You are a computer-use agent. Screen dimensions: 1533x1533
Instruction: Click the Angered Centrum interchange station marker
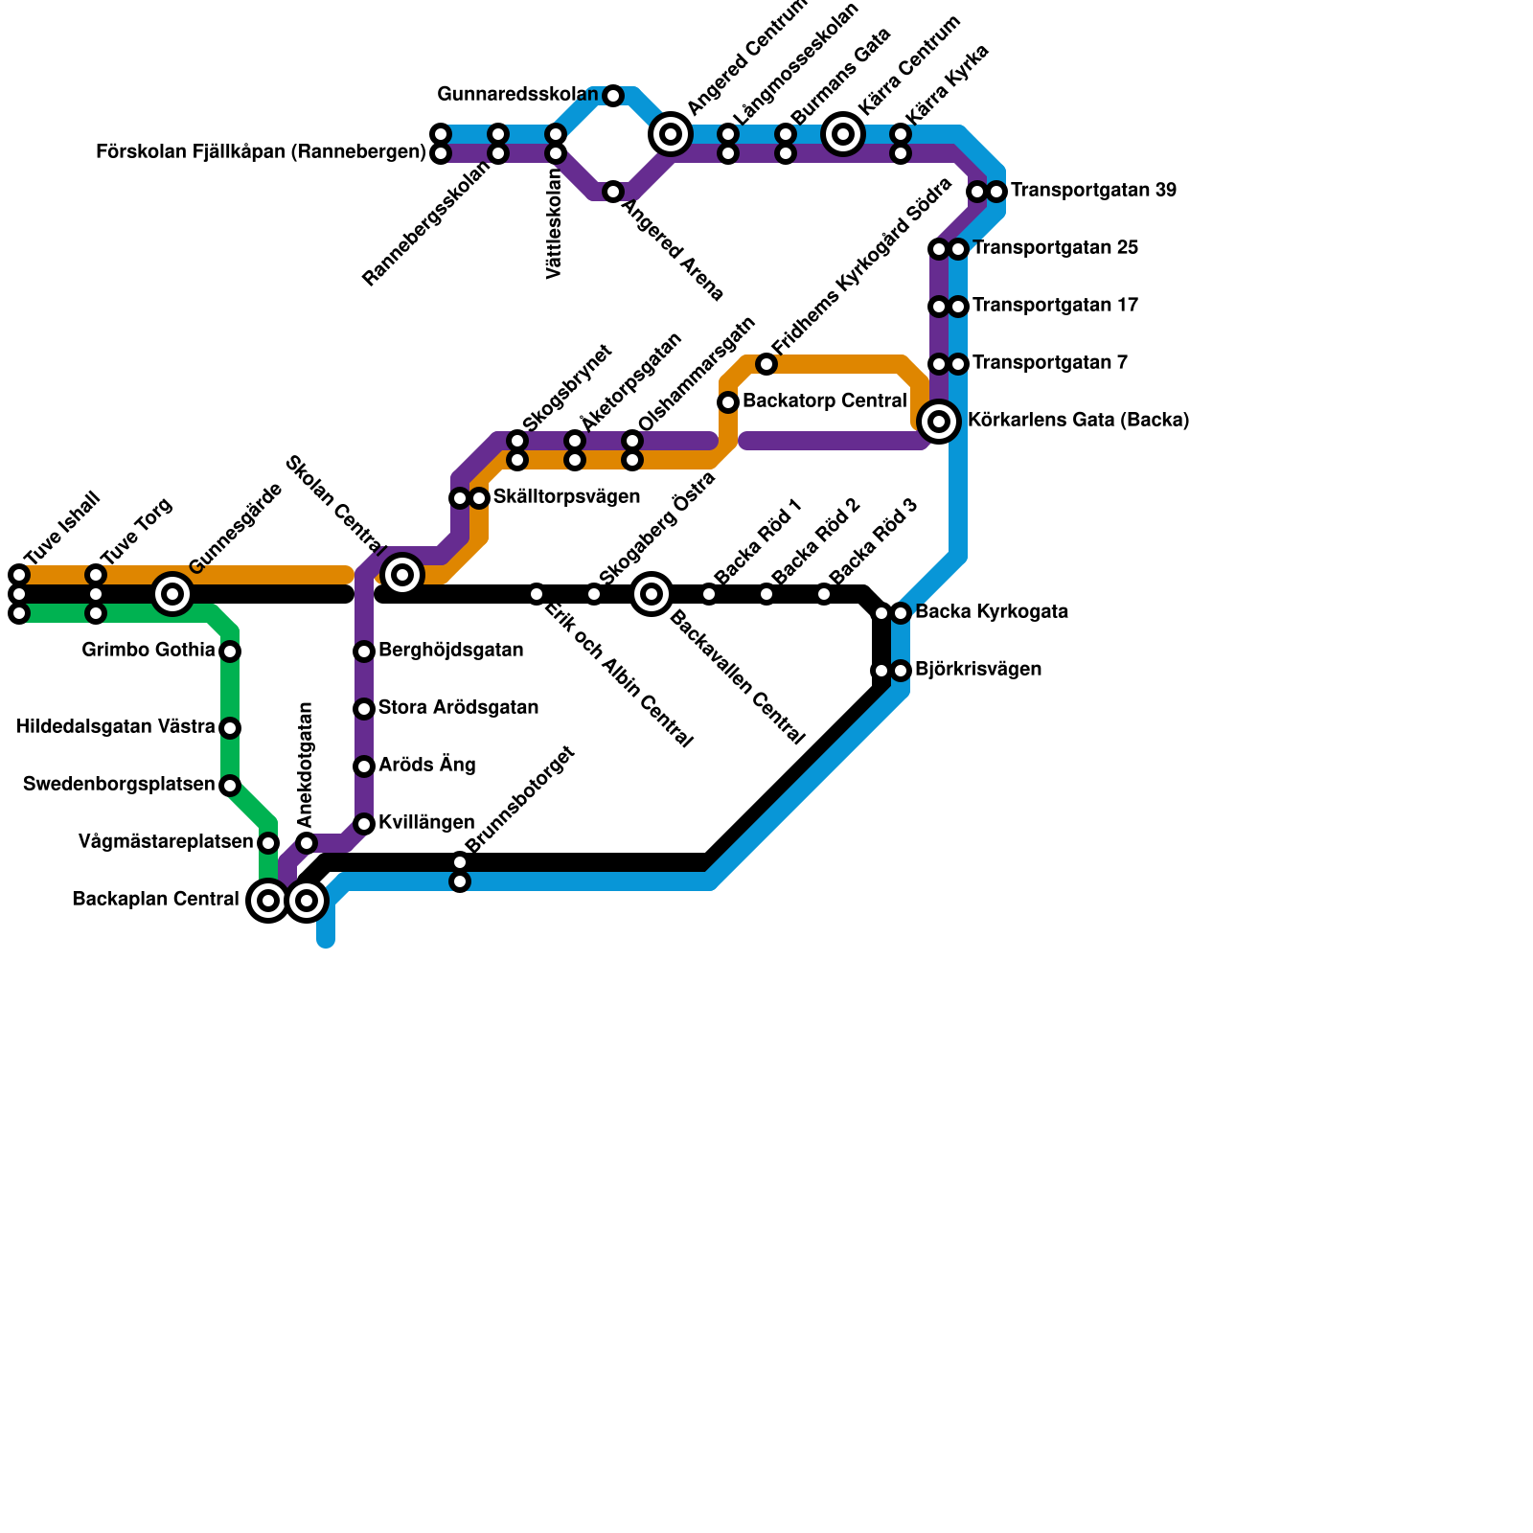point(671,134)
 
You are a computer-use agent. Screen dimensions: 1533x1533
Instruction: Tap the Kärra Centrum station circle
point(843,134)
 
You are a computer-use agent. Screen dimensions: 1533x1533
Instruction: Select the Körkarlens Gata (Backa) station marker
point(939,422)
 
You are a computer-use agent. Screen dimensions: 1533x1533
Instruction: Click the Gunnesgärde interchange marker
point(172,594)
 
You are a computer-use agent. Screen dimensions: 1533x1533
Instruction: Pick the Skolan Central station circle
point(402,575)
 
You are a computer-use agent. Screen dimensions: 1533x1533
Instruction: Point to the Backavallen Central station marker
point(652,594)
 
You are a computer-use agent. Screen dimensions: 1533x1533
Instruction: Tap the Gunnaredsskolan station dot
point(613,96)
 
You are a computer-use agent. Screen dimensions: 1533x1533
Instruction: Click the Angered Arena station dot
point(613,192)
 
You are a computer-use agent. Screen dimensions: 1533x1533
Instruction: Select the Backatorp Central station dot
point(728,402)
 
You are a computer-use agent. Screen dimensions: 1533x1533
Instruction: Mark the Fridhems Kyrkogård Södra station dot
point(766,364)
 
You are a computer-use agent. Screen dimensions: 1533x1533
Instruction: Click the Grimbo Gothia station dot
point(230,652)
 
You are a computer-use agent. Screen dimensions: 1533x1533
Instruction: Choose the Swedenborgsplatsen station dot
point(230,786)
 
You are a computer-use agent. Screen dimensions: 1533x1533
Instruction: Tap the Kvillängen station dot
point(364,824)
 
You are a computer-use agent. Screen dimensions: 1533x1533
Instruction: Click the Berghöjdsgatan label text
point(450,651)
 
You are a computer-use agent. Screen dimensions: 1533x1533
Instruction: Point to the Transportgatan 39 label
point(1093,191)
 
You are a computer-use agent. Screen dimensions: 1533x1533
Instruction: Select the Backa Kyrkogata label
point(992,612)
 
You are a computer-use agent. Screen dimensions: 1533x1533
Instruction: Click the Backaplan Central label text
point(155,900)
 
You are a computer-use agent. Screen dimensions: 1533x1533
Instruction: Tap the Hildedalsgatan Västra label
point(116,727)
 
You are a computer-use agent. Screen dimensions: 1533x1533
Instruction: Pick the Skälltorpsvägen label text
point(566,497)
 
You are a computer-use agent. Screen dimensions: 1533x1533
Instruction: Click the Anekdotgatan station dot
point(307,843)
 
